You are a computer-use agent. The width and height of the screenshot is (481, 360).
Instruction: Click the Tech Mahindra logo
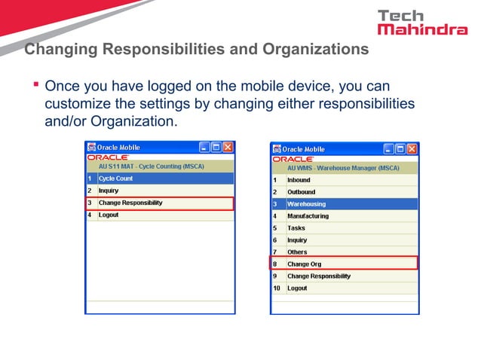pos(421,23)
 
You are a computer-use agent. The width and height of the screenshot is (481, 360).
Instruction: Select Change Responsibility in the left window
pos(130,203)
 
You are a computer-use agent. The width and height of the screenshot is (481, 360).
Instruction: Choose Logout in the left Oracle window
pos(109,215)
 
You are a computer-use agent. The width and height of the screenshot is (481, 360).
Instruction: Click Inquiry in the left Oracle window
pos(109,191)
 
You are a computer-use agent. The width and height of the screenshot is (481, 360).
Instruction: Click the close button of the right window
pos(412,149)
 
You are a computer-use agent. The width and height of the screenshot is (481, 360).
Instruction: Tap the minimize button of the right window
pos(389,149)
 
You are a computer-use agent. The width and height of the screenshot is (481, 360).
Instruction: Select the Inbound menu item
pos(299,180)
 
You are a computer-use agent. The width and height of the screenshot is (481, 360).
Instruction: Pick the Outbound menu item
pos(301,192)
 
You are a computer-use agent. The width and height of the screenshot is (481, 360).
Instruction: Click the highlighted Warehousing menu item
pos(306,204)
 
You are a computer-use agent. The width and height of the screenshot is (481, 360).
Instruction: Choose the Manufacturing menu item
pos(308,216)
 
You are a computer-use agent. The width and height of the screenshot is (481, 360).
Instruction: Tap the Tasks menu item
pos(296,228)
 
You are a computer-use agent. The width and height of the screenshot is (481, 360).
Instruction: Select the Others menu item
pos(297,252)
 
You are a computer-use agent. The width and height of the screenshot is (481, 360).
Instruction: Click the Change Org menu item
pos(304,264)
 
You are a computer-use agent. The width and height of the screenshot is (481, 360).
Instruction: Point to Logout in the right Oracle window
pos(297,288)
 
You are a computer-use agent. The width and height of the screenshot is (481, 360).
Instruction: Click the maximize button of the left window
pos(216,148)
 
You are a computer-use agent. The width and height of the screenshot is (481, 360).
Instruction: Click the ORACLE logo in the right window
pos(293,160)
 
